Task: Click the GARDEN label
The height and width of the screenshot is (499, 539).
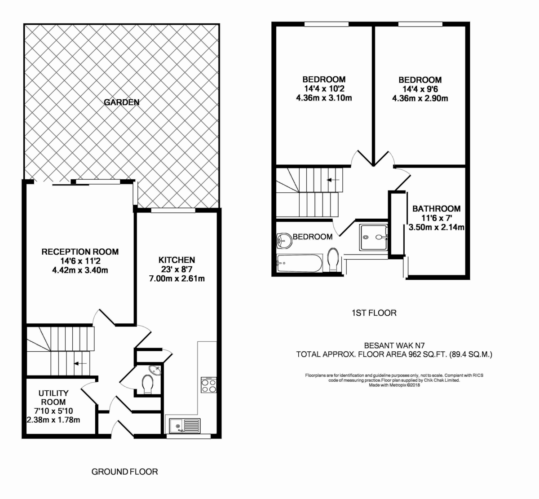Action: [x=122, y=102]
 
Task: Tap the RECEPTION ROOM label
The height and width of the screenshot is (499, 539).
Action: [x=80, y=252]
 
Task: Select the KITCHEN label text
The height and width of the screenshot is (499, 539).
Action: [x=177, y=260]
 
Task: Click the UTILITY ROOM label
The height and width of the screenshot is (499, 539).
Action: [x=53, y=398]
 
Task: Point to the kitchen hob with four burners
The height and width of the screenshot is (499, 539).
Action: [x=208, y=385]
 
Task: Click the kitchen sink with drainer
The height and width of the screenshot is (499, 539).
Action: [x=184, y=424]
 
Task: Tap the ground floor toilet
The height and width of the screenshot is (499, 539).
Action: [x=147, y=384]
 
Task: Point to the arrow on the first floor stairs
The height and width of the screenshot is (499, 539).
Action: [x=333, y=180]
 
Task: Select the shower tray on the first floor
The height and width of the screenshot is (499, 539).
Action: [x=373, y=237]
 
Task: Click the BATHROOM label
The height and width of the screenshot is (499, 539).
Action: [x=436, y=209]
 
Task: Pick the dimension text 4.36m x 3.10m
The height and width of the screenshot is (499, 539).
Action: [x=323, y=97]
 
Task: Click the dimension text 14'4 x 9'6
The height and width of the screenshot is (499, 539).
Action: [x=420, y=89]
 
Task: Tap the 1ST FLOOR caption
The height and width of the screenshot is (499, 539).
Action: [x=374, y=313]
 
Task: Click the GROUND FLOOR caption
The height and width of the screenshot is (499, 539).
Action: [x=124, y=472]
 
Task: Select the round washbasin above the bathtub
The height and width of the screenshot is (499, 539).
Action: [x=283, y=240]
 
